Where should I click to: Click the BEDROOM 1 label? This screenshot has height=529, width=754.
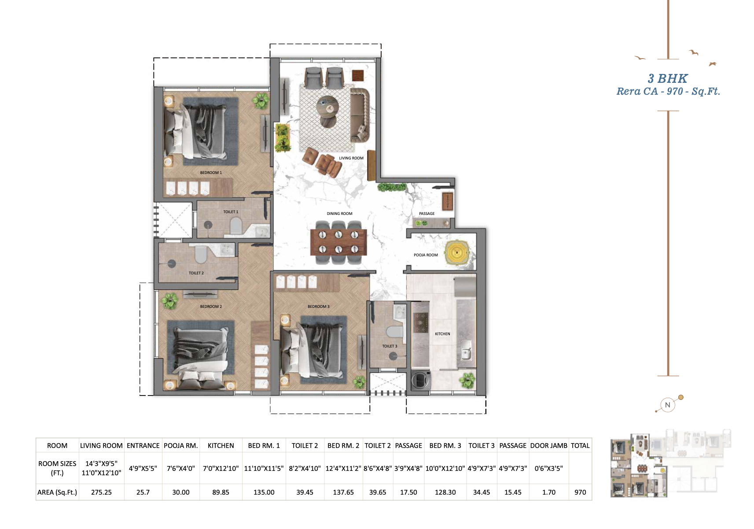[211, 173]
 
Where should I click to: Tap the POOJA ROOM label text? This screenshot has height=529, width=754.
[426, 255]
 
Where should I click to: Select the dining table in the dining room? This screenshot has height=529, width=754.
[338, 242]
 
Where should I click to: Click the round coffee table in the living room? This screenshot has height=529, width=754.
[327, 105]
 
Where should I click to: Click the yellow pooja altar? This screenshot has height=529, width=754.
[458, 253]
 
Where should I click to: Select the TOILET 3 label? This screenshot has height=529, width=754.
[390, 346]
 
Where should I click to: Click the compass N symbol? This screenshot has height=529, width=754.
[668, 405]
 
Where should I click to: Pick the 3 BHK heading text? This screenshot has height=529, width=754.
[667, 78]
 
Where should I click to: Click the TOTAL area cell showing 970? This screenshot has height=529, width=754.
[580, 492]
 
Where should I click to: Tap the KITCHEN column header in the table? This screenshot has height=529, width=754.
[221, 446]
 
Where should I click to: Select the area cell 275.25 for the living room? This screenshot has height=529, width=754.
[101, 492]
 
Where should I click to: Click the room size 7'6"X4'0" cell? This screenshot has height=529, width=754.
[180, 468]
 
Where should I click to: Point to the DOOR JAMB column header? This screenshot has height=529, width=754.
[548, 446]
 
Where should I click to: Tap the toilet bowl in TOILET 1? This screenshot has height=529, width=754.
[236, 226]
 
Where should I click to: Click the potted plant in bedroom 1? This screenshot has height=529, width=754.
[261, 100]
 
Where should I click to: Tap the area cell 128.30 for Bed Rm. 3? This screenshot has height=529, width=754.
[445, 492]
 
